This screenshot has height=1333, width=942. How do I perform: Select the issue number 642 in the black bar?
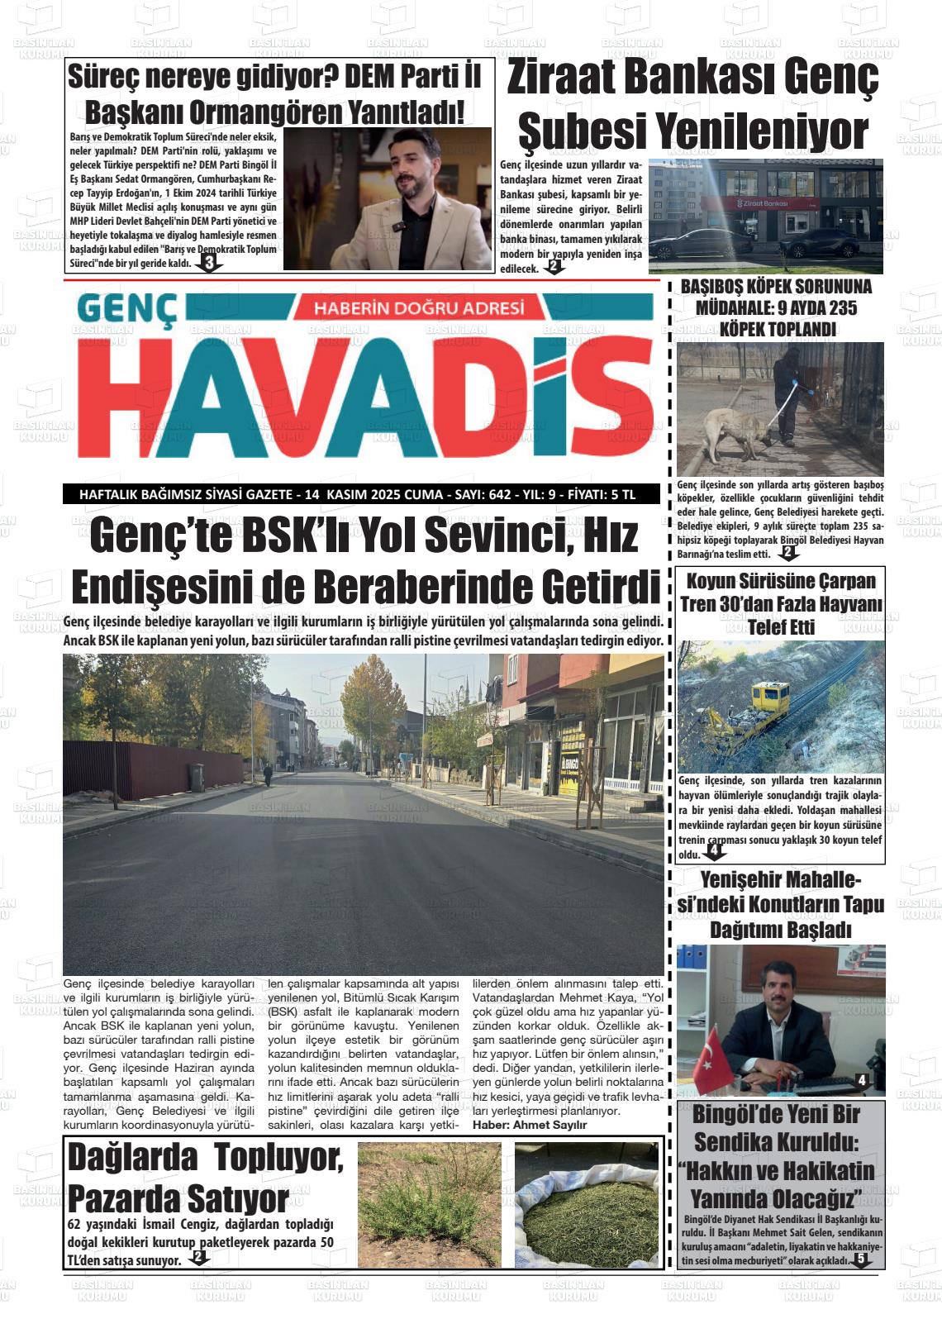(500, 495)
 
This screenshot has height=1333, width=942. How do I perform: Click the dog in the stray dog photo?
(731, 432)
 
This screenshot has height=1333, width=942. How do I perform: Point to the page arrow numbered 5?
(861, 1259)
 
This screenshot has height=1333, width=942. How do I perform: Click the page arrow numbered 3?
(208, 264)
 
